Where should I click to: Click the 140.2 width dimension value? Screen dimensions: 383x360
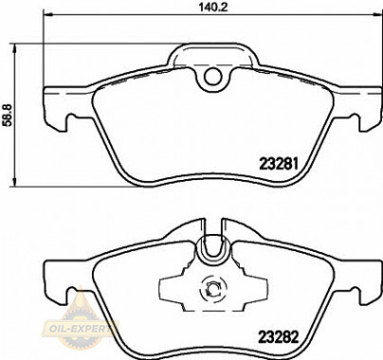tap(212, 7)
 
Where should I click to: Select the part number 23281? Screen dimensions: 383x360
tap(279, 164)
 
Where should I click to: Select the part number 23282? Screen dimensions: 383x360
tap(279, 337)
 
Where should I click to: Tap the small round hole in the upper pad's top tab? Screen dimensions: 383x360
tap(212, 77)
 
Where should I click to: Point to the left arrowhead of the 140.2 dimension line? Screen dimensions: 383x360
tap(46, 14)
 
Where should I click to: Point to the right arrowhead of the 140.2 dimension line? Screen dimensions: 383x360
tap(377, 14)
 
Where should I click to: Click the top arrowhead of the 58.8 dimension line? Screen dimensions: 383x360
tap(14, 48)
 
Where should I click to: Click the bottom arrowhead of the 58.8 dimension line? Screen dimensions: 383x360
tap(14, 182)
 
